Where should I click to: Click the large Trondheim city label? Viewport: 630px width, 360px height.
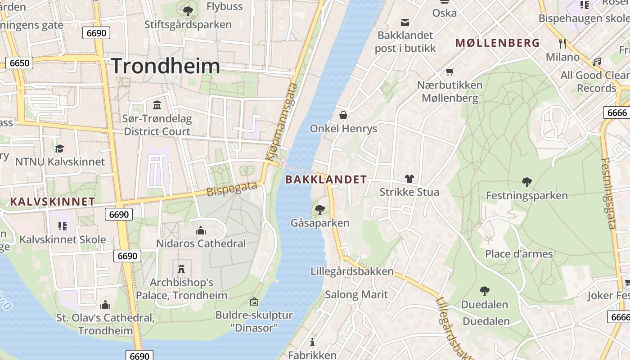[x=166, y=66]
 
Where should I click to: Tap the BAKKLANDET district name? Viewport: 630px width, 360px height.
[x=326, y=180]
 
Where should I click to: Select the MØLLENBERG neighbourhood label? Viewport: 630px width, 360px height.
[x=497, y=43]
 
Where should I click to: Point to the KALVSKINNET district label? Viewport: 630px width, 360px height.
[x=52, y=202]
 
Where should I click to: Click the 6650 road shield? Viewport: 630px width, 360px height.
[x=19, y=63]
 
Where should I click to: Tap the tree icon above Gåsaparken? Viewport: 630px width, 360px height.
[x=320, y=209]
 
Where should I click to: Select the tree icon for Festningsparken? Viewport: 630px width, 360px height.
[x=526, y=182]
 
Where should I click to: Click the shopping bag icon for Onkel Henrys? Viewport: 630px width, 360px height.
[x=343, y=115]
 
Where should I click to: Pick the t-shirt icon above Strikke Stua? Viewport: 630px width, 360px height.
[x=409, y=179]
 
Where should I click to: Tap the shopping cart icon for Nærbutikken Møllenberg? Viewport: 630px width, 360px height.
[x=450, y=72]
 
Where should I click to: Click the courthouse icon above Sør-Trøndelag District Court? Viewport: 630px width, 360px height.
[x=157, y=105]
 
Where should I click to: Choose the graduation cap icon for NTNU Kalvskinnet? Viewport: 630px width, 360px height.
[x=59, y=148]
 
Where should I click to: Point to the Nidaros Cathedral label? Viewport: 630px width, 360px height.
[x=201, y=243]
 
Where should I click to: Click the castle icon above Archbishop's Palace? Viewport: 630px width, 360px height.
[x=181, y=269]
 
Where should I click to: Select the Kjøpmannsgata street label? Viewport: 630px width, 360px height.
[x=282, y=121]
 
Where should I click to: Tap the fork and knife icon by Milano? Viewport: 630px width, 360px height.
[x=562, y=44]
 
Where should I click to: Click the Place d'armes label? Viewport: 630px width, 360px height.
[x=518, y=254]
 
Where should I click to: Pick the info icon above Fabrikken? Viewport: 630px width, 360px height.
[x=312, y=342]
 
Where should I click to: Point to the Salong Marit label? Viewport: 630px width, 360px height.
[x=356, y=295]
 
